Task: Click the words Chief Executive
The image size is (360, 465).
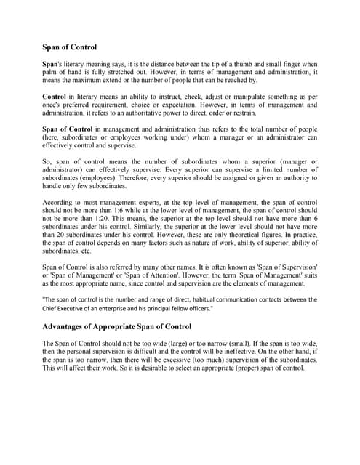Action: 67,307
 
